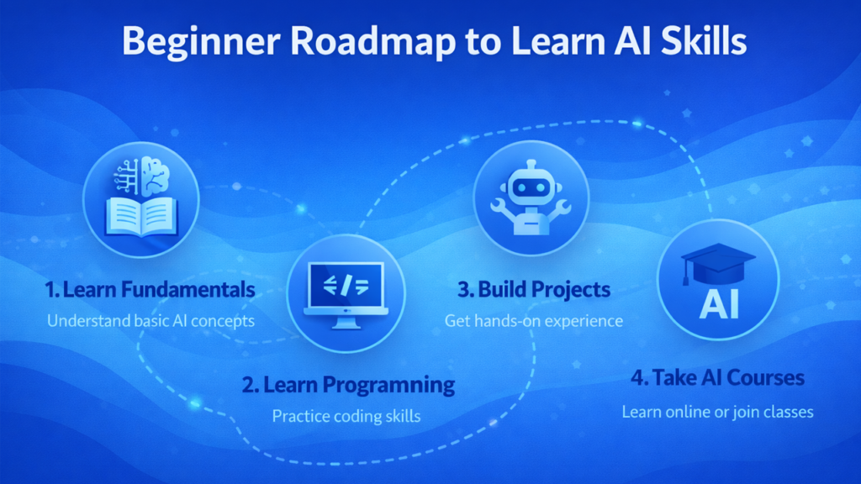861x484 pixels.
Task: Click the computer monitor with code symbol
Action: coord(346,291)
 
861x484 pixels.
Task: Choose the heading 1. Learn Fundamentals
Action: coord(150,291)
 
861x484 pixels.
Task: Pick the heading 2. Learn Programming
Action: coord(348,386)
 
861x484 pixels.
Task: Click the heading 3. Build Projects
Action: coord(534,290)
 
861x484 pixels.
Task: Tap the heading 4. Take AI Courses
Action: coord(717,377)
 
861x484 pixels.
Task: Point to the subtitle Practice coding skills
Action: coord(346,416)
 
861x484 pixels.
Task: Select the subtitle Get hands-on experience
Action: coord(534,320)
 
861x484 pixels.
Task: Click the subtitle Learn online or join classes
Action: coord(717,412)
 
